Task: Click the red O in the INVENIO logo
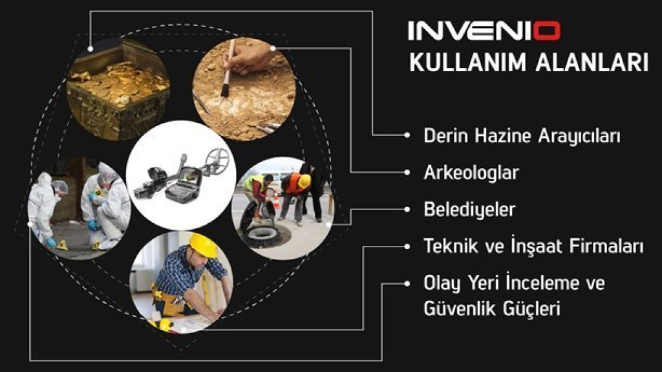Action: [546, 31]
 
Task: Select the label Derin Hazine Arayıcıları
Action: [522, 136]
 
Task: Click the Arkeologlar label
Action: [471, 173]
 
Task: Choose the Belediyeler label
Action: [469, 209]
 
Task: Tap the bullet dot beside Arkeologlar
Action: [407, 173]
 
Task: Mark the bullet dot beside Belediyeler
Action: [407, 209]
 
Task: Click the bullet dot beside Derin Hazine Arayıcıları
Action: [407, 135]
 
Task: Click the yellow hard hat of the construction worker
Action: [204, 245]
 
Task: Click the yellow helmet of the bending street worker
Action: [304, 181]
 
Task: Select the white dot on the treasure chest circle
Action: [91, 49]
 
